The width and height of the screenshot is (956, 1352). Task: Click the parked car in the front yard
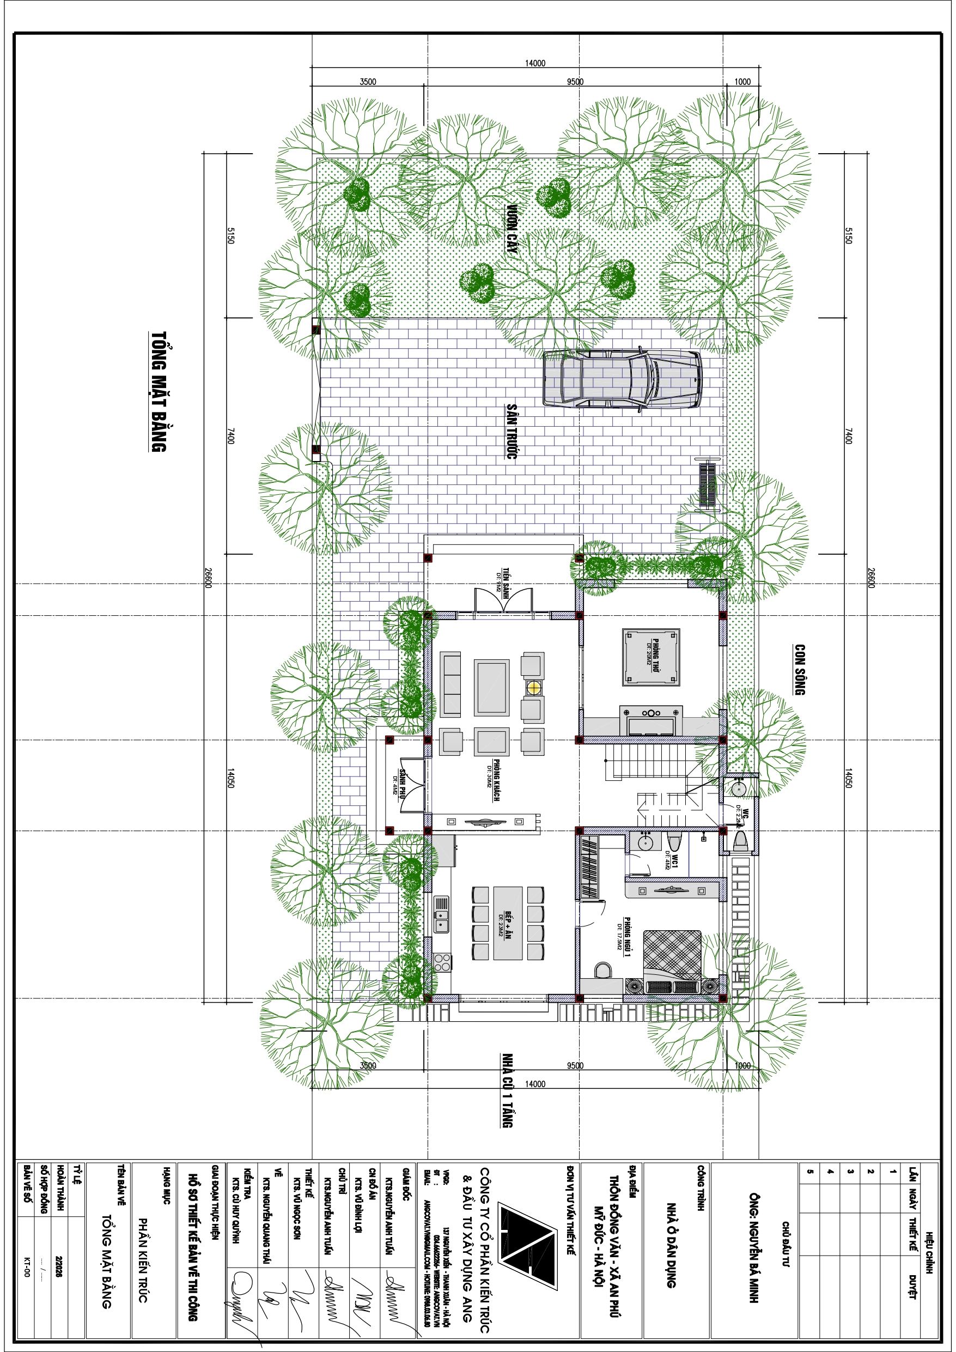pos(622,379)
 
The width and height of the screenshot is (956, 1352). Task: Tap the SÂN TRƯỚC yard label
pos(512,431)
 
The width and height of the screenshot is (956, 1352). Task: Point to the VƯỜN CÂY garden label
pos(513,229)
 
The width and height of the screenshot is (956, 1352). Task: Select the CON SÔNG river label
pos(800,670)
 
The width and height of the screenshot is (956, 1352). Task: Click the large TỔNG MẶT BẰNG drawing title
pos(159,392)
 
